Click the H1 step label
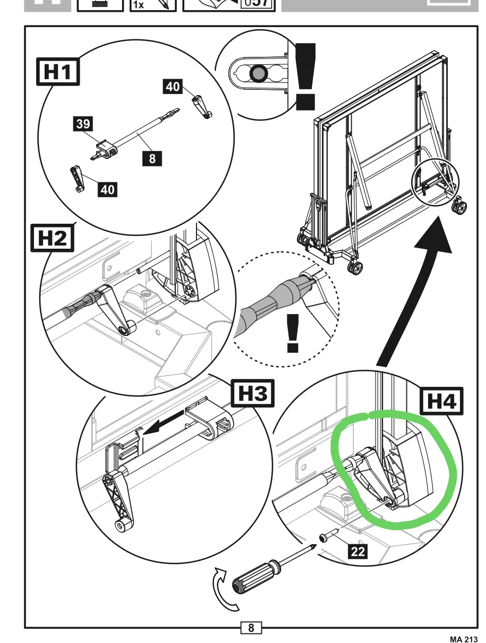click(x=57, y=72)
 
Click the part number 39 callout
click(x=83, y=124)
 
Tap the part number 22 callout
click(x=358, y=552)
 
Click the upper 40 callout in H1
click(x=173, y=86)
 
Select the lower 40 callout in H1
click(x=107, y=189)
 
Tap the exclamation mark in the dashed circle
click(x=292, y=333)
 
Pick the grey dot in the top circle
click(x=259, y=74)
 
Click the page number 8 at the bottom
click(x=251, y=628)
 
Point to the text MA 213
click(x=463, y=638)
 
